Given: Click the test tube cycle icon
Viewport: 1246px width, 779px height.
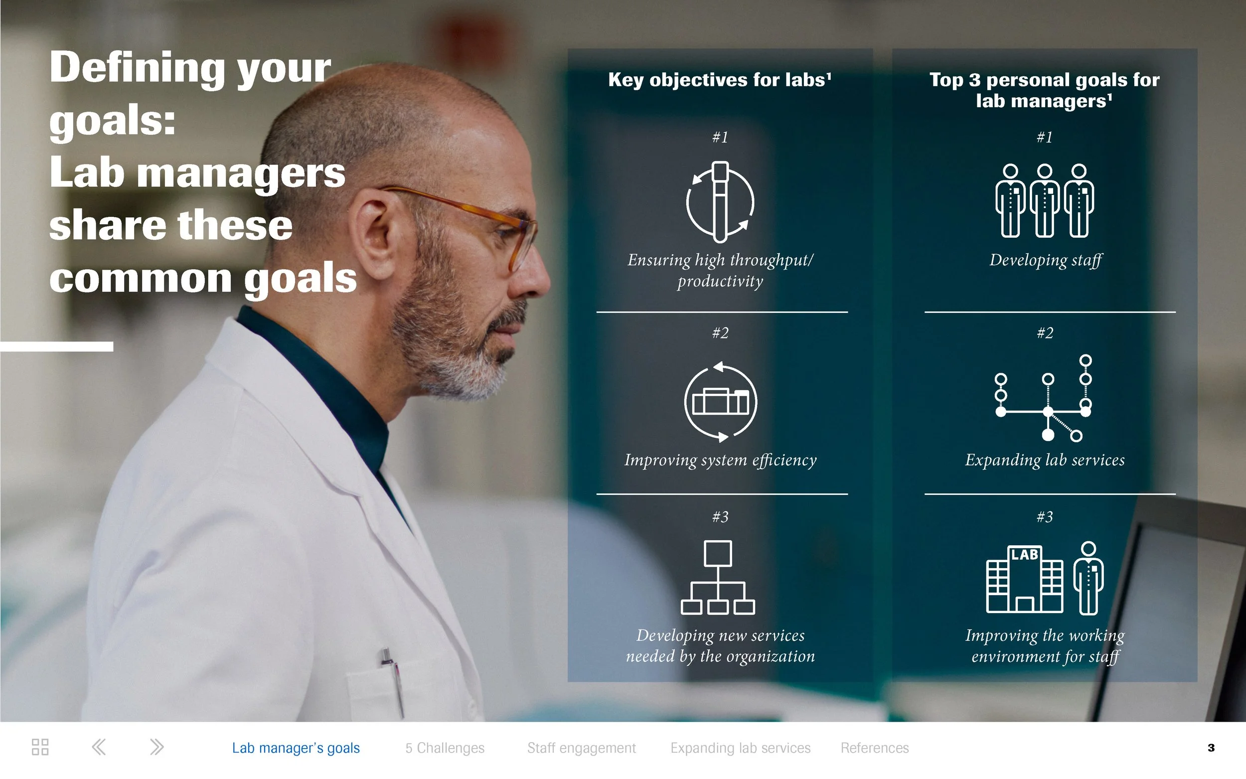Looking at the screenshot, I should (x=720, y=202).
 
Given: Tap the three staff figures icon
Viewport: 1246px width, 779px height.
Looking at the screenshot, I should (x=1044, y=201).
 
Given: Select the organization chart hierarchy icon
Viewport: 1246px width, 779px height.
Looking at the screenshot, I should (x=718, y=578).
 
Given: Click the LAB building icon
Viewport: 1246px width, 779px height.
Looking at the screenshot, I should (x=1024, y=579).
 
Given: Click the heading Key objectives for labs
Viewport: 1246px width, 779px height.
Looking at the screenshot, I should (x=719, y=80).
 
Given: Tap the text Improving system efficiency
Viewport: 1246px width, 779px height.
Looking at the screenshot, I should (x=720, y=460).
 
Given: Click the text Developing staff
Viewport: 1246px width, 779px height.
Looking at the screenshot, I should (x=1045, y=260).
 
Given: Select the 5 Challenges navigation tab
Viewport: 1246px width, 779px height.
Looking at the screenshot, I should (x=445, y=748).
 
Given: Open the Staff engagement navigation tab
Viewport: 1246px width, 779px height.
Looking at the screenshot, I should (x=581, y=748).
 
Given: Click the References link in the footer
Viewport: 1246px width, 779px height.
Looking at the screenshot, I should (x=874, y=748).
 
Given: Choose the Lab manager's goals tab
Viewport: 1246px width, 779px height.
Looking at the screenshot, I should (x=296, y=748).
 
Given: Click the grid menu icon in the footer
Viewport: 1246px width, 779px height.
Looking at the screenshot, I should (x=40, y=747).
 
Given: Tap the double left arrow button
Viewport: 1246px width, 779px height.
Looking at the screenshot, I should (x=98, y=747).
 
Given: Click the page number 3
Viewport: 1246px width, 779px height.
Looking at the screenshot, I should (x=1211, y=748).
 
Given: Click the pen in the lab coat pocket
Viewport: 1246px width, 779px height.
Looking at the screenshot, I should (x=393, y=680).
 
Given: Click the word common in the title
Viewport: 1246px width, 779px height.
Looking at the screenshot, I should (x=140, y=278).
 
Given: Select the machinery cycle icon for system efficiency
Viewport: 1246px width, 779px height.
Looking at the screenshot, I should (x=720, y=402).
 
